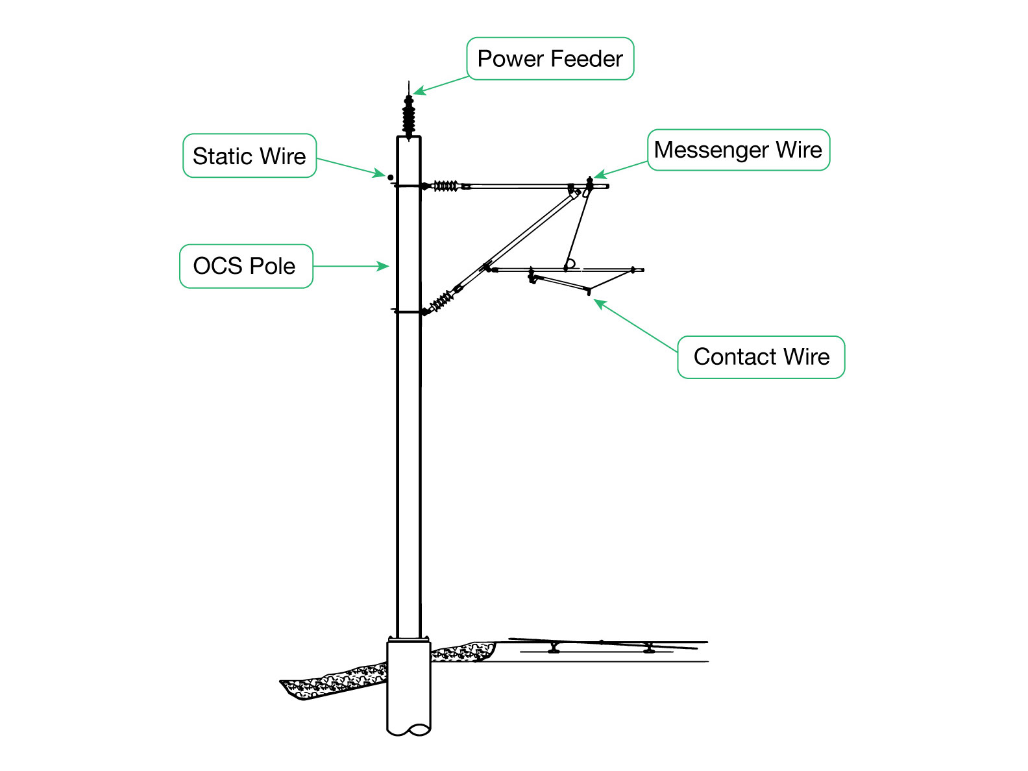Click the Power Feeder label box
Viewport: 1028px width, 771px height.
pyautogui.click(x=550, y=59)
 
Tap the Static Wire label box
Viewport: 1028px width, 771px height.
pyautogui.click(x=249, y=156)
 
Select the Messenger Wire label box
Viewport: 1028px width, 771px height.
pyautogui.click(x=738, y=150)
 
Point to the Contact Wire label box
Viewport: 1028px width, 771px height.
pyautogui.click(x=761, y=357)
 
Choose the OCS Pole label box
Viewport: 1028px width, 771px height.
pyautogui.click(x=245, y=266)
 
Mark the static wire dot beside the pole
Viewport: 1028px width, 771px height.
pyautogui.click(x=391, y=177)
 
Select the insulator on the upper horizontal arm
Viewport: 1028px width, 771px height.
pyautogui.click(x=445, y=186)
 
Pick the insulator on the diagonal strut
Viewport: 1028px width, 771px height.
pyautogui.click(x=442, y=300)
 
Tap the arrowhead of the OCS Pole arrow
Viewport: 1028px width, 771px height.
pyautogui.click(x=385, y=266)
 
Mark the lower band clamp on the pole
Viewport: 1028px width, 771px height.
pyautogui.click(x=409, y=312)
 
